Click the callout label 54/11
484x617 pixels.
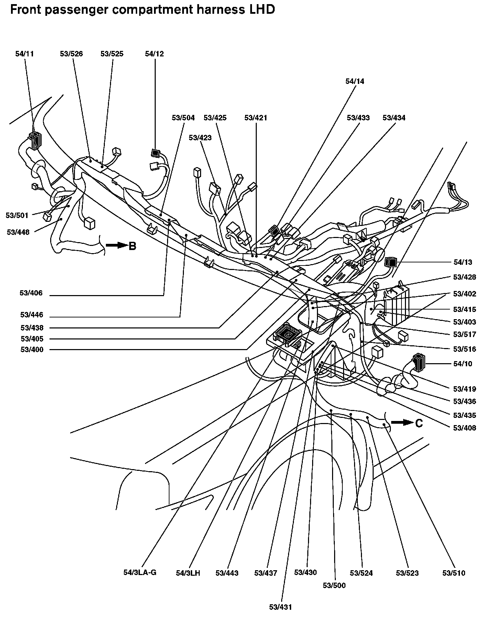[x=25, y=54]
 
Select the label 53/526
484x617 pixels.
[x=71, y=54]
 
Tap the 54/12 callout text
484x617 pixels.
[x=154, y=54]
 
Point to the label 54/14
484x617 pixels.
[x=355, y=82]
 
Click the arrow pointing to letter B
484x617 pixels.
[x=117, y=246]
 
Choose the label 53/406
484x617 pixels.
[x=31, y=293]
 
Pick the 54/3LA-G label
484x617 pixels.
[x=140, y=573]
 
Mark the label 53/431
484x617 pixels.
[x=280, y=607]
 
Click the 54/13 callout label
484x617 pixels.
[x=463, y=262]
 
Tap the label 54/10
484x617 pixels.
[x=463, y=364]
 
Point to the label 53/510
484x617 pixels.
[x=454, y=573]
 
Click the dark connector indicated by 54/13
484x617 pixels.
[x=391, y=262]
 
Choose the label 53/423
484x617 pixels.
[x=200, y=138]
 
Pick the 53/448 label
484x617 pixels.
[x=18, y=232]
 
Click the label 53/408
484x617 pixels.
[x=465, y=428]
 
